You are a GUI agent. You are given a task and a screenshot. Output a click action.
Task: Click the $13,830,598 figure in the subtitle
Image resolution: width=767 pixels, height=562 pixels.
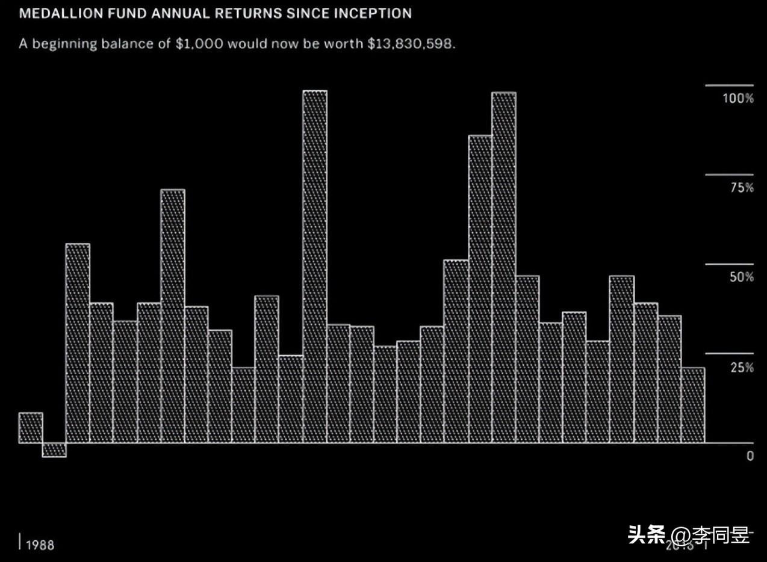click(x=411, y=44)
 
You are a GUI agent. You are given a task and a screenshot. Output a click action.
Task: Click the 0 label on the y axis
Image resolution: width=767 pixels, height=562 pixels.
click(x=750, y=456)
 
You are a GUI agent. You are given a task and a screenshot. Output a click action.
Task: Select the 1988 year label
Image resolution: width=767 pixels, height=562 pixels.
click(x=40, y=545)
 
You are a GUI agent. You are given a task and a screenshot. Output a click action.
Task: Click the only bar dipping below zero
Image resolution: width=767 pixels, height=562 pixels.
click(x=54, y=449)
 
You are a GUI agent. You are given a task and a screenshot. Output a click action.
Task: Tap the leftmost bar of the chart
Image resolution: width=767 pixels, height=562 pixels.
click(x=31, y=428)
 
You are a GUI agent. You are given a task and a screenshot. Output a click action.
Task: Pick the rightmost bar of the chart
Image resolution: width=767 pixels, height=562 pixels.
click(x=692, y=405)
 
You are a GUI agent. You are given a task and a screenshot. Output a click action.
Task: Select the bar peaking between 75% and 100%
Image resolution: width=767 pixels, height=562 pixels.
click(x=480, y=289)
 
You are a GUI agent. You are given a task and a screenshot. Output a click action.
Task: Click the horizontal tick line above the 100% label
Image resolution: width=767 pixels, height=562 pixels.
click(x=729, y=85)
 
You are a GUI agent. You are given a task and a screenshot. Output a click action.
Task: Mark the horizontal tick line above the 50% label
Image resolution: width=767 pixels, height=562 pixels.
click(x=729, y=264)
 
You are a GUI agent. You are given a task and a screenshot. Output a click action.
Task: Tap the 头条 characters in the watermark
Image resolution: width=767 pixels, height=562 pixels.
click(x=647, y=534)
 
